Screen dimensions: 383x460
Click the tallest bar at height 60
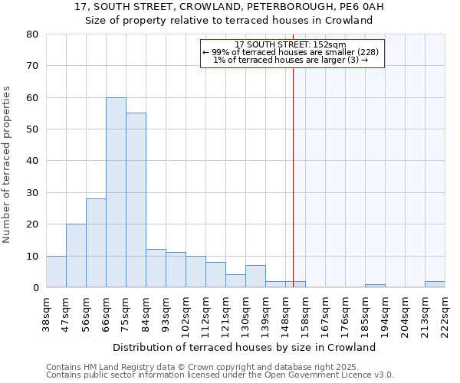tap(116, 192)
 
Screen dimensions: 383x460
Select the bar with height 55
tap(136, 200)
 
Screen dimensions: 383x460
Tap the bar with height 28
tap(96, 243)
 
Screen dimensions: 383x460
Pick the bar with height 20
tap(76, 256)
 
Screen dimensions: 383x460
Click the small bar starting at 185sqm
tap(375, 286)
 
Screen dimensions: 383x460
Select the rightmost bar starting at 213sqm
tap(435, 284)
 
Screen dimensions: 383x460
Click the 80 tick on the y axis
tap(31, 34)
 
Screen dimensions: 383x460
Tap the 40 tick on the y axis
tap(31, 161)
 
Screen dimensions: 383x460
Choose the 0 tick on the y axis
tap(34, 287)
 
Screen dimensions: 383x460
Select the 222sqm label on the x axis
tap(445, 314)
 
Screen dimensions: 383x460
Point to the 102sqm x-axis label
tap(186, 314)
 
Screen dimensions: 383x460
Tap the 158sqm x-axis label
tap(305, 314)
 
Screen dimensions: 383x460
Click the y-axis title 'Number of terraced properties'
tap(8, 164)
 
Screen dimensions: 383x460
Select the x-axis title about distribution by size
tap(249, 347)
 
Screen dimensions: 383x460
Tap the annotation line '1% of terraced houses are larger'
tap(291, 60)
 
